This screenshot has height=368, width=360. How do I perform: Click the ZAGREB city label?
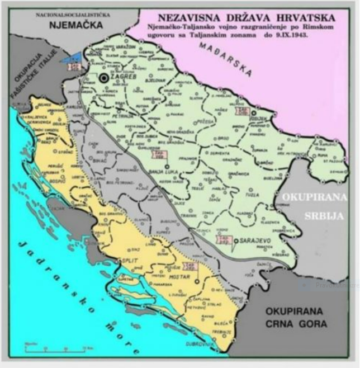point(124,80)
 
